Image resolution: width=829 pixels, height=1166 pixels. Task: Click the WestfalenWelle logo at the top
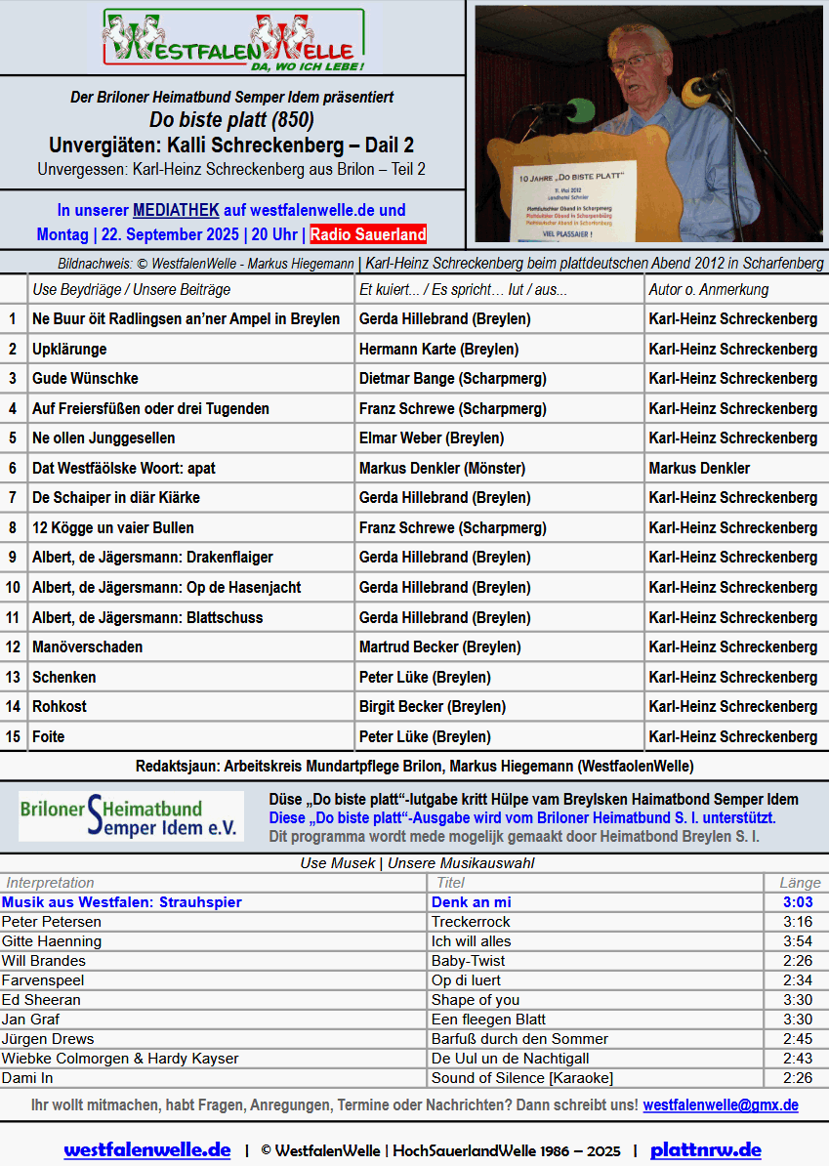[233, 41]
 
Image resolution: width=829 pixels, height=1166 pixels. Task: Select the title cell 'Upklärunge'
[69, 349]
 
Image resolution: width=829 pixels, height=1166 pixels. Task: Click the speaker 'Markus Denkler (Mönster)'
[442, 468]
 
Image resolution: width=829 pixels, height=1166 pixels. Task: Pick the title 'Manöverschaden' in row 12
[87, 646]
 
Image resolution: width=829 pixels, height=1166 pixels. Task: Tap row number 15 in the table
[13, 736]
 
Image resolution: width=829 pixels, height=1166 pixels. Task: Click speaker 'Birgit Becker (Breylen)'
[433, 706]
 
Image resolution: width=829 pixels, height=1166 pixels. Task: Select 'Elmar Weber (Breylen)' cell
[432, 437]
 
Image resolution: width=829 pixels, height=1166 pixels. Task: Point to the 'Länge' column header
[800, 883]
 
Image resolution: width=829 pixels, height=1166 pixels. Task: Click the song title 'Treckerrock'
[471, 922]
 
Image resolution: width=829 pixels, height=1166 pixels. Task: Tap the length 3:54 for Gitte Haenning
[798, 941]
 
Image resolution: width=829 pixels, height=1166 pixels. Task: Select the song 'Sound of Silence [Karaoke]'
[522, 1078]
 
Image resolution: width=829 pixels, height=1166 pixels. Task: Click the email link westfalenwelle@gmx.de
[721, 1105]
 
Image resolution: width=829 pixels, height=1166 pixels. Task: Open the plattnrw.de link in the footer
[705, 1150]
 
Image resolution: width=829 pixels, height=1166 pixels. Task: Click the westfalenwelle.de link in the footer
[147, 1150]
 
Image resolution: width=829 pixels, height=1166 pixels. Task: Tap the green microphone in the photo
[578, 106]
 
